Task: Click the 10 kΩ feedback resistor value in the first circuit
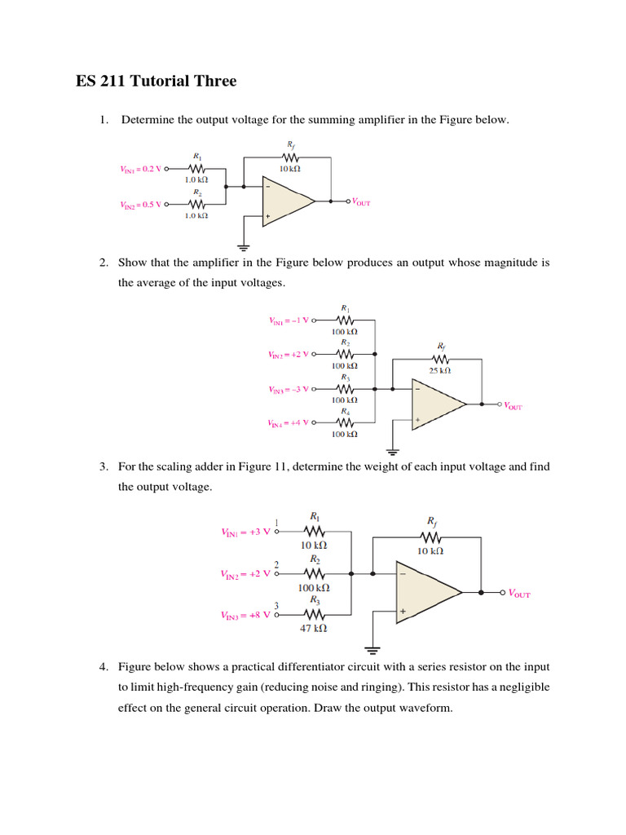coord(290,169)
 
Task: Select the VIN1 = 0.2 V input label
coord(142,170)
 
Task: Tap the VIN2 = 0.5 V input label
coord(142,205)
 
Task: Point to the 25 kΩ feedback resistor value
coord(439,371)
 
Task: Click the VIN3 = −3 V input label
coord(289,390)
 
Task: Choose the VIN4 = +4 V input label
coord(289,423)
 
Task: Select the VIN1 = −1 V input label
coord(289,320)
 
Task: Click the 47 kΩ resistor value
coord(314,629)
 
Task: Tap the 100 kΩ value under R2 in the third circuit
coord(314,587)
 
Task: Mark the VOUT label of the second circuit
coord(513,405)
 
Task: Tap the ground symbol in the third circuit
coord(373,650)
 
